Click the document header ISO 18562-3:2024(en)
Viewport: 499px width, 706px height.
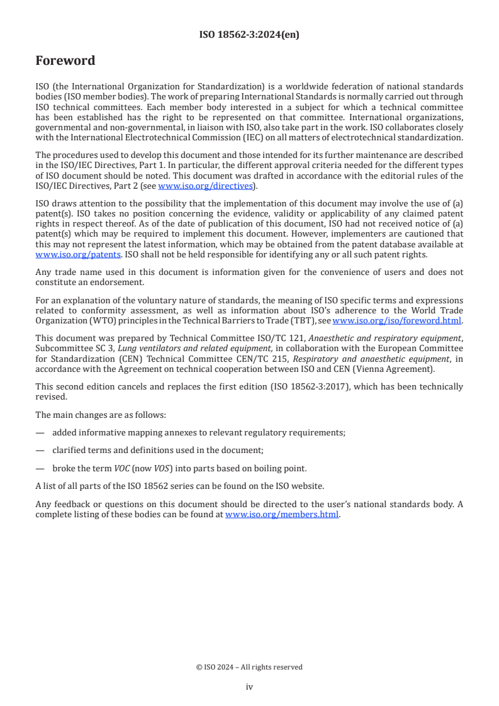(x=249, y=35)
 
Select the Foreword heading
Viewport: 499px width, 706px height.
(x=65, y=61)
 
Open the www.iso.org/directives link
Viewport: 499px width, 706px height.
(x=205, y=186)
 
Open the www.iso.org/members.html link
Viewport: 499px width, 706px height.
(x=282, y=514)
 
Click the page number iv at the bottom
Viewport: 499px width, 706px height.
(x=249, y=687)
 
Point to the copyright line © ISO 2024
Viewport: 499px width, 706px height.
(x=249, y=667)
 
